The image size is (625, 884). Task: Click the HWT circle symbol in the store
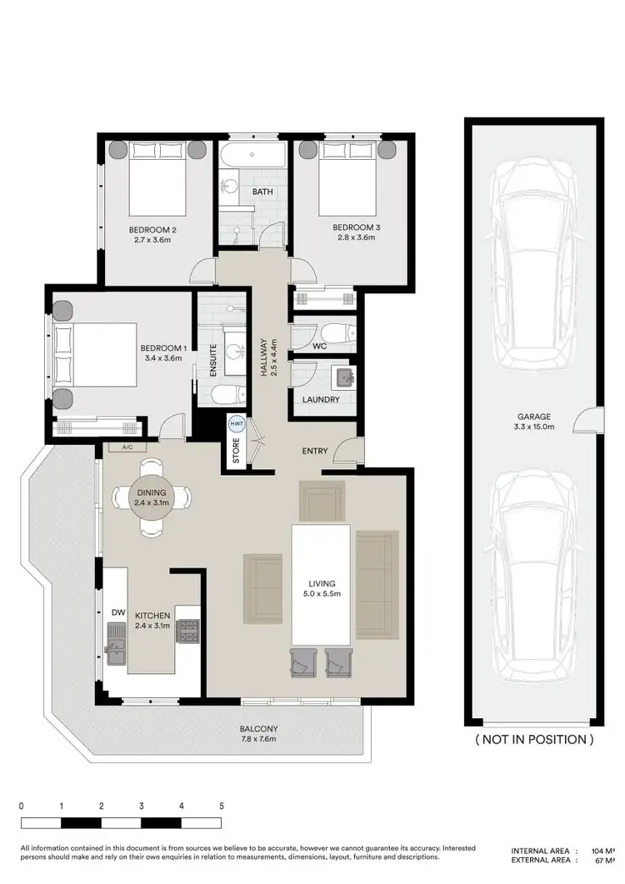[x=237, y=424]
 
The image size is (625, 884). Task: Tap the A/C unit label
[x=127, y=447]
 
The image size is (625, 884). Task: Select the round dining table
[x=152, y=497]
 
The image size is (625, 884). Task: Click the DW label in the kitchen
[x=117, y=612]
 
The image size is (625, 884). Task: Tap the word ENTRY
[x=314, y=452]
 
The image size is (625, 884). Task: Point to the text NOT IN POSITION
[x=533, y=739]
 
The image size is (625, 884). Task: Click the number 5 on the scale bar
[x=222, y=807]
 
